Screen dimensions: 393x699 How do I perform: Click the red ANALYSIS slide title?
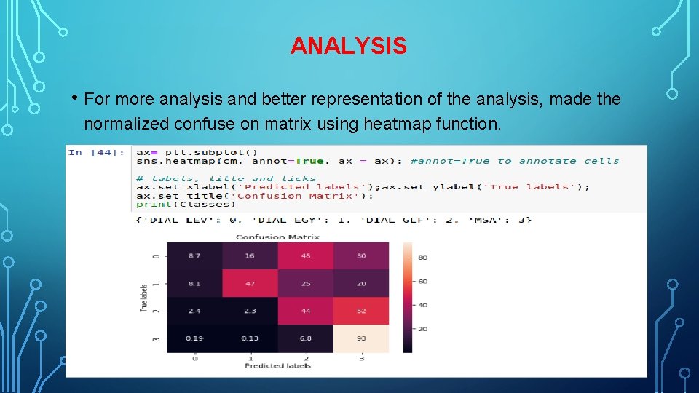348,46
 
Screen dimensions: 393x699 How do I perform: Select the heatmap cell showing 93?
361,338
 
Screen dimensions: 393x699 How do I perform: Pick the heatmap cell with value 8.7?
194,256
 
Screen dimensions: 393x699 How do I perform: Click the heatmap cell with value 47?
250,283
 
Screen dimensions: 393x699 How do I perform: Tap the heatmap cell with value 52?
361,311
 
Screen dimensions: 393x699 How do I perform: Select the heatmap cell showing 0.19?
194,338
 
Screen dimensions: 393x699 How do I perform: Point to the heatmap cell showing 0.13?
250,338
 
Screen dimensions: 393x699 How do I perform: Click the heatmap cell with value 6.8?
306,338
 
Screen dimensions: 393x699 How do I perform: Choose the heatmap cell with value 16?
250,256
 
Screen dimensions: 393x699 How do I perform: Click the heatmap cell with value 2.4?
194,311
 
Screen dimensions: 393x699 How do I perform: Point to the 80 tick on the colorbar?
422,258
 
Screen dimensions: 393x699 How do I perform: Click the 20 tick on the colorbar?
422,329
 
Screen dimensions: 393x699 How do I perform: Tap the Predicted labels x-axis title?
277,365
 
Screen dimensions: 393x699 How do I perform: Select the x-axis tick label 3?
361,358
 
